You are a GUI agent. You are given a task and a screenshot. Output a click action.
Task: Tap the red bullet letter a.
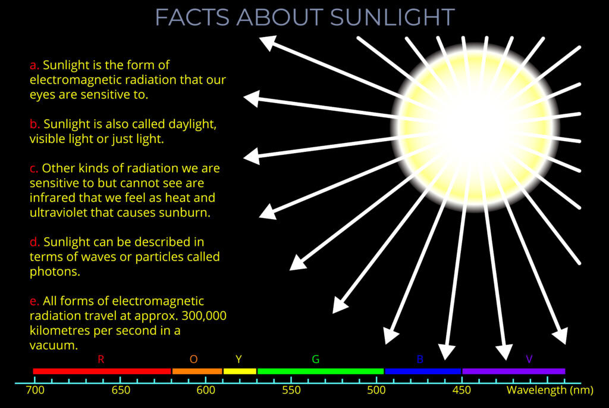[34, 65]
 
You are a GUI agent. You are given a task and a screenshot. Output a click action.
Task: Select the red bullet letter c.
[34, 169]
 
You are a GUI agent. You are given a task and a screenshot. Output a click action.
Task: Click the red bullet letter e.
[34, 301]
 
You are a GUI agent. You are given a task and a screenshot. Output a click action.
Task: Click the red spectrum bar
[102, 371]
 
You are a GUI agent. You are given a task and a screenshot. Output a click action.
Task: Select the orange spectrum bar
[197, 371]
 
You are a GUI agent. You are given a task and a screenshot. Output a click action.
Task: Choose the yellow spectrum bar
[239, 371]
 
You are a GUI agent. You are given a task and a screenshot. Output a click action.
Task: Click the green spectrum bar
[320, 371]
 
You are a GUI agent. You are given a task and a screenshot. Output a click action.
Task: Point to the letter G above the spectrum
[316, 359]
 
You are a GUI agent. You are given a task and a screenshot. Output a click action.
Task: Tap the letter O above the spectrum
[193, 359]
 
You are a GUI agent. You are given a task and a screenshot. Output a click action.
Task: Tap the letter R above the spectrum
[101, 359]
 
